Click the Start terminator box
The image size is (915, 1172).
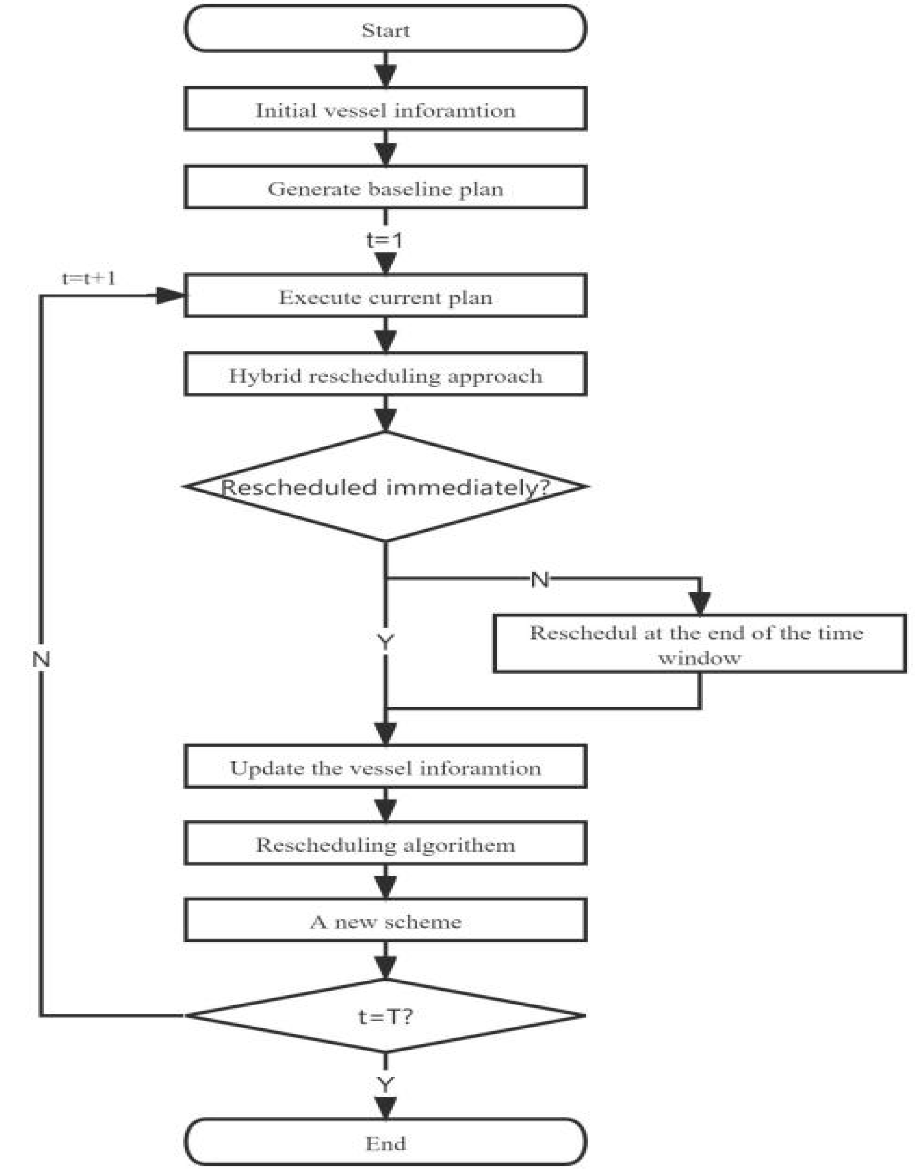point(385,30)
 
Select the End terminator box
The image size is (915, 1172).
point(385,1143)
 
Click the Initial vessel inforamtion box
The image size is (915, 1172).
point(385,110)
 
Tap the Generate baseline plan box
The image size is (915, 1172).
point(385,188)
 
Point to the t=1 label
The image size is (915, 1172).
point(385,240)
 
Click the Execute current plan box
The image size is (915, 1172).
point(385,297)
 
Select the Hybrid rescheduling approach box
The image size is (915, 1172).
point(385,375)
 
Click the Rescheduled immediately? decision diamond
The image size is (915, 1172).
point(385,487)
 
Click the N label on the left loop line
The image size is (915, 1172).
point(41,659)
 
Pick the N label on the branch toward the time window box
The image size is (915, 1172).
point(540,579)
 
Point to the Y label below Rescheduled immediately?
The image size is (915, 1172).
point(385,641)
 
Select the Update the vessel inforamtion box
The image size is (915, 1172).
point(385,768)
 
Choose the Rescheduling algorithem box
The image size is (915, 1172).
point(385,845)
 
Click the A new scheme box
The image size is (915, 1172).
point(385,921)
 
